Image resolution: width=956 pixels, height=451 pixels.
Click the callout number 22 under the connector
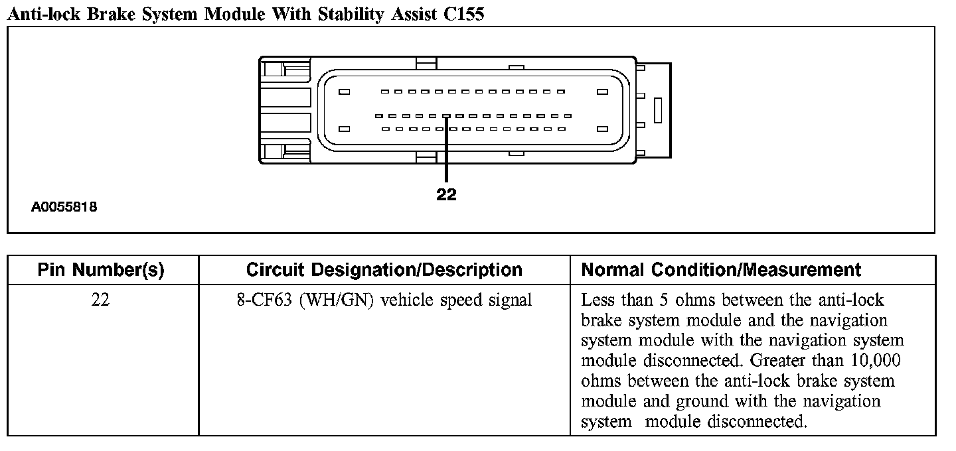tap(447, 195)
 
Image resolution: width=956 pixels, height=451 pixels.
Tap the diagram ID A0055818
tap(64, 208)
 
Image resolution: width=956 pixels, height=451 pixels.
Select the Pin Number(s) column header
tap(101, 270)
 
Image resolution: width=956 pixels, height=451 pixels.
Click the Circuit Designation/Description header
tap(384, 270)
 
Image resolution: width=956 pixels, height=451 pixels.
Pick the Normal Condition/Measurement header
tap(721, 270)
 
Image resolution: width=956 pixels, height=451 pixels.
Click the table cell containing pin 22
tap(101, 300)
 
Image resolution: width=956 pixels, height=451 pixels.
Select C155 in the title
tap(463, 14)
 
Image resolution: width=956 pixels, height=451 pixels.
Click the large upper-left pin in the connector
tap(344, 92)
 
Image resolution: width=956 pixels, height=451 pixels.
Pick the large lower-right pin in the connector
tap(602, 129)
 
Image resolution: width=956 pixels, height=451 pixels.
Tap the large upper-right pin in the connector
tap(602, 92)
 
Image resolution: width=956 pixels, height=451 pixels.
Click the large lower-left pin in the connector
tap(344, 129)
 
